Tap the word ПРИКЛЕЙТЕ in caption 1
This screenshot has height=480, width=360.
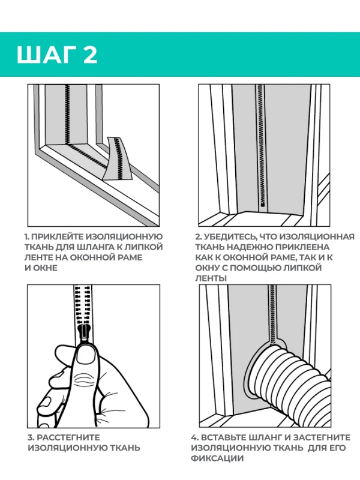point(57,236)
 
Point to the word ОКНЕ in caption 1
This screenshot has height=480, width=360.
point(46,268)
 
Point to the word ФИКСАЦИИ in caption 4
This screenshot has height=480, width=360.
point(217,458)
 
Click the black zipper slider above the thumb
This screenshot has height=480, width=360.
point(83,332)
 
